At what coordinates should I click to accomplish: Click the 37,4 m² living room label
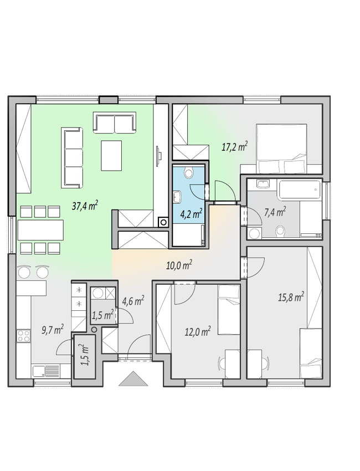[85, 206]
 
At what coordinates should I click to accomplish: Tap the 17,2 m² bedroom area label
[234, 147]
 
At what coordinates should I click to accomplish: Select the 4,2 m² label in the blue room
[191, 214]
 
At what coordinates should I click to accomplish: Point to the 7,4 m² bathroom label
[275, 212]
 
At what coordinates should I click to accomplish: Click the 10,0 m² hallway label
[179, 265]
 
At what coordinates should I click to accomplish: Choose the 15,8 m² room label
[291, 298]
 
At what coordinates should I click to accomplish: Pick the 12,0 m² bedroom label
[197, 331]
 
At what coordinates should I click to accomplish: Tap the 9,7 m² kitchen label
[52, 330]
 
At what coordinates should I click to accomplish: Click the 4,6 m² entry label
[133, 301]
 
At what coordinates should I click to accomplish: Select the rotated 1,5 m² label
[85, 355]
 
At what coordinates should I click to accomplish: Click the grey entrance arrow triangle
[133, 378]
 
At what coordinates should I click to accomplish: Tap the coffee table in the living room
[111, 155]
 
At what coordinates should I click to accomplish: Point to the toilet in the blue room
[188, 172]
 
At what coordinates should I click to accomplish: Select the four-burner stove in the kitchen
[24, 336]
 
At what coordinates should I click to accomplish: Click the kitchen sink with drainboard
[47, 371]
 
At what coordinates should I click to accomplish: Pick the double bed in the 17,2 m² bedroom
[281, 149]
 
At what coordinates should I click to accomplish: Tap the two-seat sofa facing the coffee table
[115, 122]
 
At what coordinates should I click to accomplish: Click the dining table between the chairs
[40, 230]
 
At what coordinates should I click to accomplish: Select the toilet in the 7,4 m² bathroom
[280, 231]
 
